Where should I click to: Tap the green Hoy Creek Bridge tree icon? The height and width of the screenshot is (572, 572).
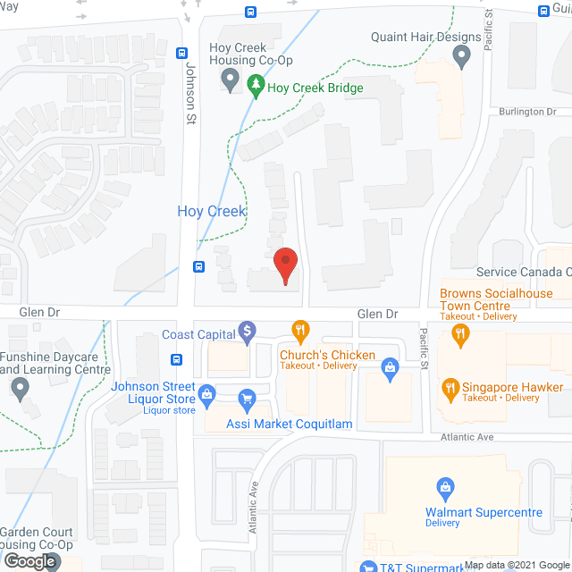coord(257,88)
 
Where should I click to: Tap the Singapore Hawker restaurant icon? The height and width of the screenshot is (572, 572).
coord(450,388)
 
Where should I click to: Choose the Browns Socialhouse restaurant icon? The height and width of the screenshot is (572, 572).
coord(461,335)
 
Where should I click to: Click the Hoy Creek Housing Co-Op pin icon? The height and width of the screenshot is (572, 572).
coord(231,83)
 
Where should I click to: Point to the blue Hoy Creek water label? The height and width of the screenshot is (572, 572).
coord(212,211)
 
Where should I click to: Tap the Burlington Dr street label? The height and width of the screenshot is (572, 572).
coord(527,112)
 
